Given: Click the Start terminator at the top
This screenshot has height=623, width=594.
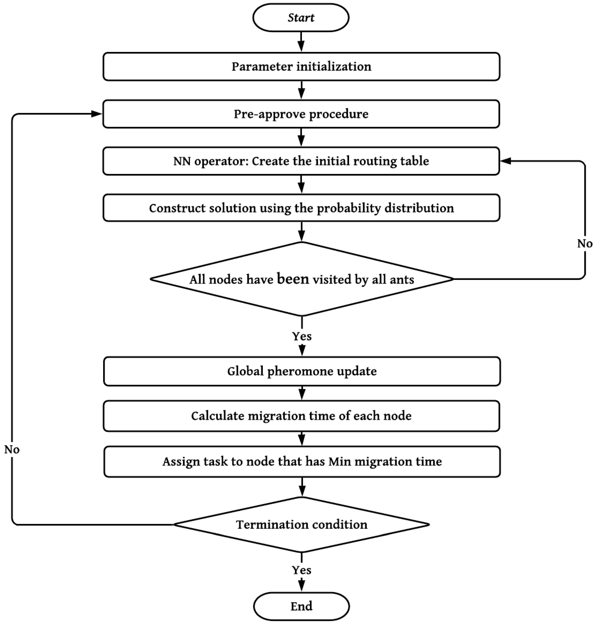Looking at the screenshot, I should (x=301, y=18).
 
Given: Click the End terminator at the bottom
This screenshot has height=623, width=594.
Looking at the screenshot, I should (x=301, y=606).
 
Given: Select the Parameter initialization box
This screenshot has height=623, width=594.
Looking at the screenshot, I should (x=301, y=67).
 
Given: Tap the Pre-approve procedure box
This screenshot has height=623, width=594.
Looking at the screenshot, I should (x=301, y=114).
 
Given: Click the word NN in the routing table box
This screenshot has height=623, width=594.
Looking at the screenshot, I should (x=182, y=161).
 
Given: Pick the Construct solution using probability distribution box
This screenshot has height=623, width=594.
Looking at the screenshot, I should (x=301, y=208).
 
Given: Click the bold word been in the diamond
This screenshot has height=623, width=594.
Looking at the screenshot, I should (x=293, y=279).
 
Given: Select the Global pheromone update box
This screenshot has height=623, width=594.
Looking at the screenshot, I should (x=302, y=371).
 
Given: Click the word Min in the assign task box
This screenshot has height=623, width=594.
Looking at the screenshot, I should (x=339, y=462).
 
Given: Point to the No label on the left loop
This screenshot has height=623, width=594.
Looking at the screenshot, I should (x=12, y=449).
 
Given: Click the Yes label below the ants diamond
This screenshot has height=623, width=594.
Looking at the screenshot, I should (x=302, y=336).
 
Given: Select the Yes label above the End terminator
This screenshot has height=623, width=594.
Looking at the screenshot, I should (x=301, y=570).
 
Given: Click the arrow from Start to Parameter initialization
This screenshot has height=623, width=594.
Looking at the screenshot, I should (x=301, y=42).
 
